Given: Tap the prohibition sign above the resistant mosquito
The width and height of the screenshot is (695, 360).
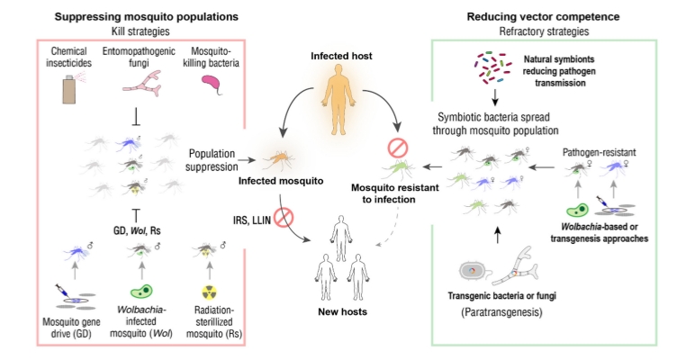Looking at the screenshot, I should coord(397,148).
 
